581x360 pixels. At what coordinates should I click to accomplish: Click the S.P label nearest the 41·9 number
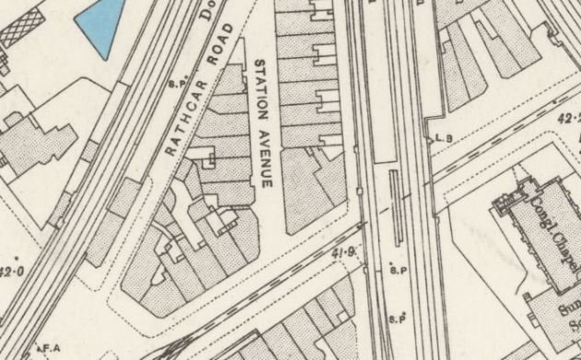click(x=398, y=270)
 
